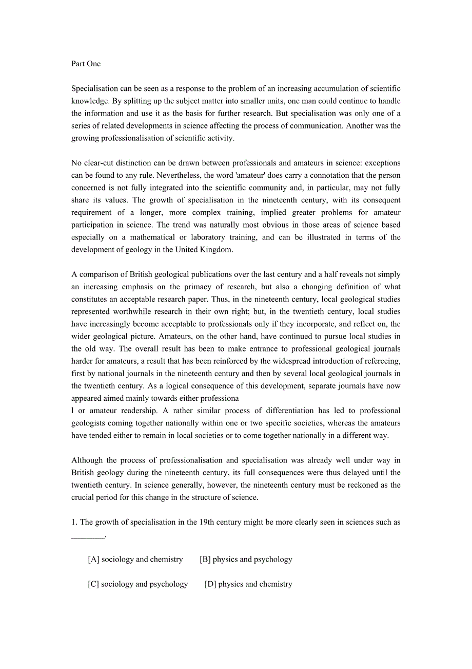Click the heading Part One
(86, 64)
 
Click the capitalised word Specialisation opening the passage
(95, 88)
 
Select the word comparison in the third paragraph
(101, 274)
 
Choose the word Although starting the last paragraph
(87, 460)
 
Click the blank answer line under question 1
(88, 535)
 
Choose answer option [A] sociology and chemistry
(135, 559)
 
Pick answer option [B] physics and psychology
(246, 559)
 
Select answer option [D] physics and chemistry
(248, 584)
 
